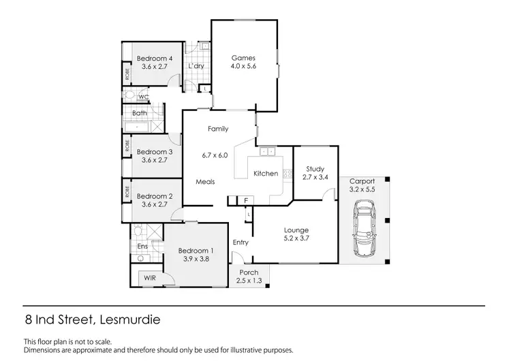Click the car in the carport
coord(364,231)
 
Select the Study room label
coord(315,169)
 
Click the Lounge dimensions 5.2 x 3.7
coord(296,238)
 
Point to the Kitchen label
coord(266,174)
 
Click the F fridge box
coord(246,200)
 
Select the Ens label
coord(143,247)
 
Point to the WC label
coord(144,97)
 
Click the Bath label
coord(140,113)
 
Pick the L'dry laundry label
coord(196,66)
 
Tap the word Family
coord(218,129)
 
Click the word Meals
coord(206,182)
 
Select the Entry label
coord(241,242)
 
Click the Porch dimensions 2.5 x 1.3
coord(248,281)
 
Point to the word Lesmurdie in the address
coord(129,318)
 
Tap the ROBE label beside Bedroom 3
coord(127,145)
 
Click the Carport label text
coord(362,182)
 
